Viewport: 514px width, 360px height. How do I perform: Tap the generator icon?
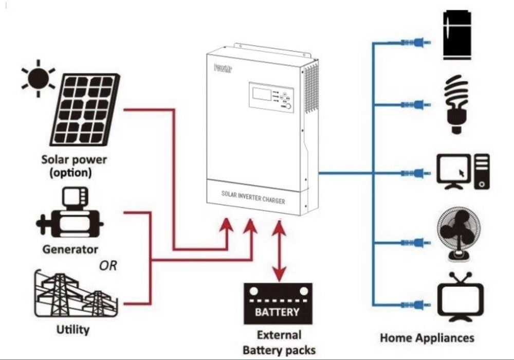pos(69,216)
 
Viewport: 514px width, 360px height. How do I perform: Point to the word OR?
pos(108,266)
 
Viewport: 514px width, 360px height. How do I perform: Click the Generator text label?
pos(70,250)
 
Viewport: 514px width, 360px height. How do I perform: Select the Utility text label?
pos(72,329)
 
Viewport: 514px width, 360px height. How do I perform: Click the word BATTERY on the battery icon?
pos(278,312)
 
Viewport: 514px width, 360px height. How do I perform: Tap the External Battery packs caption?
pos(279,343)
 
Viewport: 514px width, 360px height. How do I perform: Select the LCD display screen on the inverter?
pos(261,94)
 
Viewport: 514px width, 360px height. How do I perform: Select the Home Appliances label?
pos(427,338)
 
